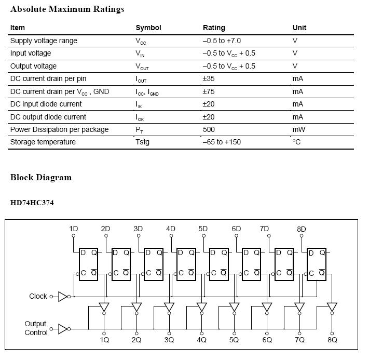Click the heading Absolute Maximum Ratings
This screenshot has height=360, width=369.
[67, 9]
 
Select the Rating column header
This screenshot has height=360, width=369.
[214, 28]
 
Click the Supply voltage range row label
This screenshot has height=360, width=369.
[44, 41]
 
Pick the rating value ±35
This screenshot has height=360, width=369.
[209, 78]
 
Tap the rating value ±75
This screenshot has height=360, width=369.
[209, 91]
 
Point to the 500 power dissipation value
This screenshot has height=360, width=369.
[209, 129]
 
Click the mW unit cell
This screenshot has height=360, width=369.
[298, 129]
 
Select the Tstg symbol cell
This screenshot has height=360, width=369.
[142, 142]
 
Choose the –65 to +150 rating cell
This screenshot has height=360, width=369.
[222, 142]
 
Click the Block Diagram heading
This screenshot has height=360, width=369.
[41, 177]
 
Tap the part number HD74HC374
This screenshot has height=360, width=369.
[32, 203]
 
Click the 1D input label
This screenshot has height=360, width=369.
[73, 229]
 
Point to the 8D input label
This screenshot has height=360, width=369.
[301, 229]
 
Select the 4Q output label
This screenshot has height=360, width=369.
[201, 340]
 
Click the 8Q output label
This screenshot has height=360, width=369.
[332, 340]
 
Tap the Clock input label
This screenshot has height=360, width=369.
[38, 296]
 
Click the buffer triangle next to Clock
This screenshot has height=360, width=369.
[63, 296]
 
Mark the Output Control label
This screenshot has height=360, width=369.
[36, 328]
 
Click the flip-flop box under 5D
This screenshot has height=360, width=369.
[218, 263]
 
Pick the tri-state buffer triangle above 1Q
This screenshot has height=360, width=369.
[104, 307]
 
